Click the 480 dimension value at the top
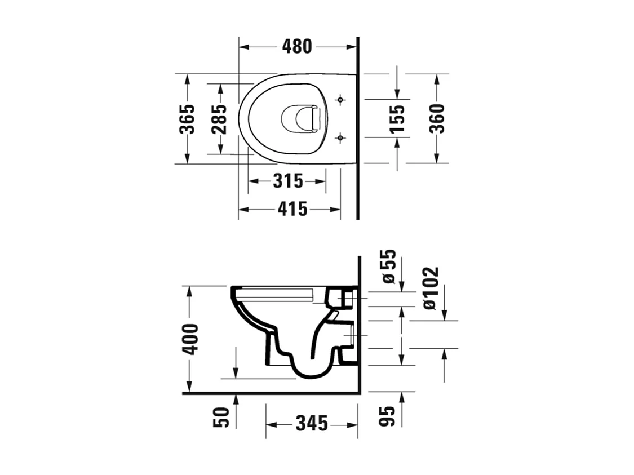296,47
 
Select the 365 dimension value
187,119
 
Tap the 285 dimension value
220,119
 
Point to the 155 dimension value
397,118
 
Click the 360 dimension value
437,118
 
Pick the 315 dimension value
288,181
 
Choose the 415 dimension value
292,210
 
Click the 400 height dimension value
190,339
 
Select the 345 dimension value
311,423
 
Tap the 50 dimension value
221,418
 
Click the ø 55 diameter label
389,267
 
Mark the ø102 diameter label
431,288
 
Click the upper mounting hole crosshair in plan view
340,100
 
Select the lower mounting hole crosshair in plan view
340,136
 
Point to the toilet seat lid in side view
276,293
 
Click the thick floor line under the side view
271,393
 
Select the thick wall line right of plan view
358,130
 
